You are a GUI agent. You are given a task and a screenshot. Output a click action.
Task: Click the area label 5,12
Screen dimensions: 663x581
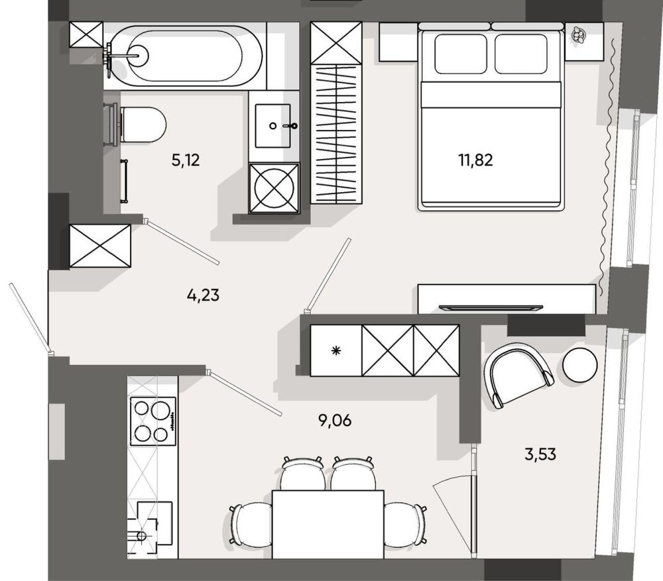coord(186,160)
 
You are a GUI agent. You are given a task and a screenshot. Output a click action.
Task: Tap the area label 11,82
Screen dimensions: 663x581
coord(475,160)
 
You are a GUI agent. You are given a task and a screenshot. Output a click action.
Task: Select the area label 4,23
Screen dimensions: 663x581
coord(203,295)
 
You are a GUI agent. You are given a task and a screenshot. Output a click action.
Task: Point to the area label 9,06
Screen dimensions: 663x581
coord(335,421)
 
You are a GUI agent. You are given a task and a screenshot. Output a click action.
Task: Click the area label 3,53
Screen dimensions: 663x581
coord(540,454)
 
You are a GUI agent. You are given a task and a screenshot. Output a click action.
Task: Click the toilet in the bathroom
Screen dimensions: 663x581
coord(136,125)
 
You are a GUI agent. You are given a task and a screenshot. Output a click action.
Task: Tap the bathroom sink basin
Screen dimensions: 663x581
coord(273,126)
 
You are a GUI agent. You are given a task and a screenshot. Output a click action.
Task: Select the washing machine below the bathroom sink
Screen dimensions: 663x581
coord(274,188)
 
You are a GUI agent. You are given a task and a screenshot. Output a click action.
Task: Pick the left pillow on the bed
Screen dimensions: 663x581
coord(461,54)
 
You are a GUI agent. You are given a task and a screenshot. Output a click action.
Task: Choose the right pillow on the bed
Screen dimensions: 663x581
coord(521,54)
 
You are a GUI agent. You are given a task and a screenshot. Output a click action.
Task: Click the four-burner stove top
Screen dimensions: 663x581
coord(153,421)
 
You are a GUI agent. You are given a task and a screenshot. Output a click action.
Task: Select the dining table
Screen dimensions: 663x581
coord(328,525)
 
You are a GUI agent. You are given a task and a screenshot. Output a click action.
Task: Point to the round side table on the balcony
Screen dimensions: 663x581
coord(580,364)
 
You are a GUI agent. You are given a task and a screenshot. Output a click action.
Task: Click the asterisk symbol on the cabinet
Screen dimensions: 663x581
coord(336,350)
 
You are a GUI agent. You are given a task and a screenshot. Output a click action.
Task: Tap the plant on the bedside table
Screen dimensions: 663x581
coord(578,34)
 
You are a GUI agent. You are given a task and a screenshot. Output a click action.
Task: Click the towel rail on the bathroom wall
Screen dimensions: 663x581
coord(124,182)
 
